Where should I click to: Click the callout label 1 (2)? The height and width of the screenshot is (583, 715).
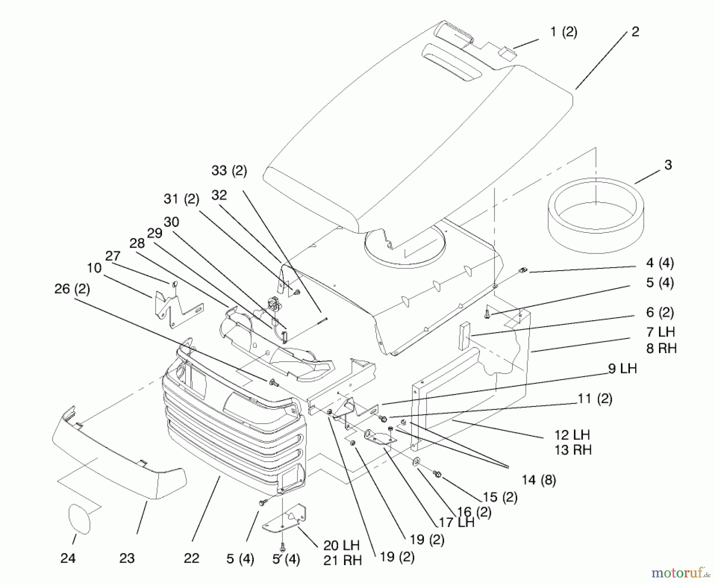(x=564, y=32)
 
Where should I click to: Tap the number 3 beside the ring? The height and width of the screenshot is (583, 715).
(x=668, y=165)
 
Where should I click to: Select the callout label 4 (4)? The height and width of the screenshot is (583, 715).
(x=660, y=263)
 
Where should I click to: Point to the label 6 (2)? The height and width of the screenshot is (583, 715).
(x=660, y=312)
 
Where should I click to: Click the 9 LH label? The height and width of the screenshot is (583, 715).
(x=622, y=368)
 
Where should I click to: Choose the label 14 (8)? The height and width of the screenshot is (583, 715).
(x=539, y=480)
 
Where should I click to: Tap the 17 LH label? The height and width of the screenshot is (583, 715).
(x=456, y=522)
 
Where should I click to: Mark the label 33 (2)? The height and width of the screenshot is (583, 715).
(x=229, y=170)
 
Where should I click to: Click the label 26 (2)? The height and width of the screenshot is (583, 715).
(x=72, y=289)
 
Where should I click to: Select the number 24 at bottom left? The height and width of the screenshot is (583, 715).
(x=68, y=558)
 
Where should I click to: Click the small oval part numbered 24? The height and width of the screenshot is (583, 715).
(x=79, y=518)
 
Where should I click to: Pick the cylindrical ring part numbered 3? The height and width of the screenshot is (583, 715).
(x=596, y=215)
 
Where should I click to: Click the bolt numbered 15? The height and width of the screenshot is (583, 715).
(x=437, y=473)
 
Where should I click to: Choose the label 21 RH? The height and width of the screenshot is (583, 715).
(x=342, y=560)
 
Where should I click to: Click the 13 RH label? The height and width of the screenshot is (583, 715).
(x=573, y=450)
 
